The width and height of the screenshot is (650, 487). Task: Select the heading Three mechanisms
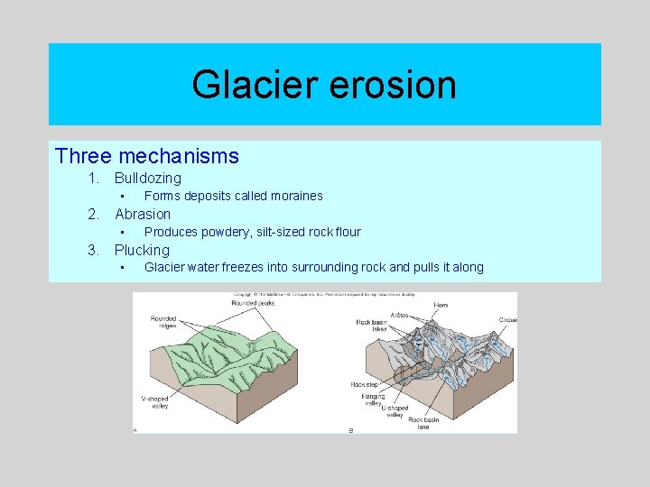tap(146, 156)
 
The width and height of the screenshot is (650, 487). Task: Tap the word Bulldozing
tap(147, 179)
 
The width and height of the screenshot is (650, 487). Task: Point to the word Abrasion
tap(143, 214)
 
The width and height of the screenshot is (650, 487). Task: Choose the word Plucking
tap(142, 250)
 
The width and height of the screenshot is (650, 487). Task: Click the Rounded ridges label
tap(163, 321)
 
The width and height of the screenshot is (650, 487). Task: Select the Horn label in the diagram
tap(441, 306)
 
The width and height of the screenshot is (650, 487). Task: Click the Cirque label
tap(507, 320)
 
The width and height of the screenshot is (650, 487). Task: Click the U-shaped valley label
tap(395, 411)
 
